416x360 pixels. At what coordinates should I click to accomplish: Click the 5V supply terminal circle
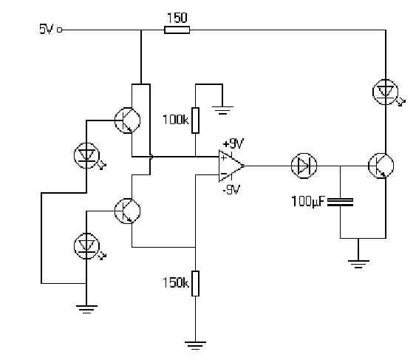click(60, 30)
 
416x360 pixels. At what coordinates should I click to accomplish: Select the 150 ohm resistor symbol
click(177, 30)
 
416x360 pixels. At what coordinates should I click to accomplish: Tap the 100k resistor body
click(195, 120)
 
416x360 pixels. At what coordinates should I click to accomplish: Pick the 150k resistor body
click(195, 283)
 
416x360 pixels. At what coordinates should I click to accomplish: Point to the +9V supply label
click(233, 144)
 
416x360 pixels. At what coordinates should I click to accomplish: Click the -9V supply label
click(231, 189)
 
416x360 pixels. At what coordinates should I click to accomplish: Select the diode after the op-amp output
click(304, 166)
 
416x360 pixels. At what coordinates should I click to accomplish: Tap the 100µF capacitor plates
click(341, 202)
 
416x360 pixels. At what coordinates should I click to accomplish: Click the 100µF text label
click(308, 202)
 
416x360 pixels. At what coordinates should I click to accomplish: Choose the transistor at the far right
click(381, 166)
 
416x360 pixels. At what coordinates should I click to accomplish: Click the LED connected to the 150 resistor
click(386, 92)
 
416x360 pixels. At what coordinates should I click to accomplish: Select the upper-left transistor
click(127, 120)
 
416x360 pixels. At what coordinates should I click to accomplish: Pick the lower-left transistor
click(127, 211)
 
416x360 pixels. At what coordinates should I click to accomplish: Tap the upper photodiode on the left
click(86, 155)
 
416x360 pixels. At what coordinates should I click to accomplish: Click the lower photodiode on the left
click(86, 246)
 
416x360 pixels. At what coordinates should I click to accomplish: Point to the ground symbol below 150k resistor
click(195, 345)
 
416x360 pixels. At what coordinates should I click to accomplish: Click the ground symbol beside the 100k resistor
click(222, 110)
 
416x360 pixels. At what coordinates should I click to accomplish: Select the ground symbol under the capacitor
click(358, 264)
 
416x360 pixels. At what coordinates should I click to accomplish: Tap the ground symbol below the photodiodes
click(86, 310)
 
